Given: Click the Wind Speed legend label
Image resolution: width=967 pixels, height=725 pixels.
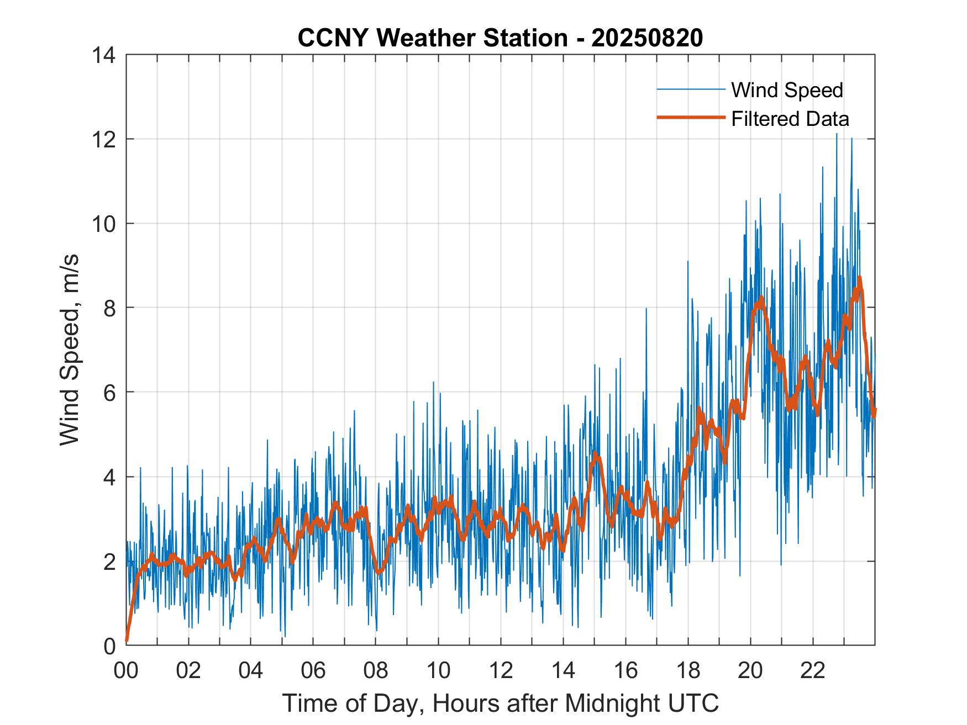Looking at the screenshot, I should [787, 90].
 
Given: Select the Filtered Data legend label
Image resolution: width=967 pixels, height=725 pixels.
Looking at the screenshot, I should [790, 119].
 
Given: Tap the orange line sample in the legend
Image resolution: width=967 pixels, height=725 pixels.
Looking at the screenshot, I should [691, 118].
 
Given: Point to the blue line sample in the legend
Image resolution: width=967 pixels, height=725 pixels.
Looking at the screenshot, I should [691, 89].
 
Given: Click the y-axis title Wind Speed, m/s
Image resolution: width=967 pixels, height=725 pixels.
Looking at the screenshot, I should [70, 349].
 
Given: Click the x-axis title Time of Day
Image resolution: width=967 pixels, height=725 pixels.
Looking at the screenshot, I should [500, 703].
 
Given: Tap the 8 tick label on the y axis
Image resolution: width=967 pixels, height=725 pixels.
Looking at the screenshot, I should [109, 308].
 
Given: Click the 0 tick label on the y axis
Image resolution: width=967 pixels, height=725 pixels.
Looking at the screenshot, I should [109, 645].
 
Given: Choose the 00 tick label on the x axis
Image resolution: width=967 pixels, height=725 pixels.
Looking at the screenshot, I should [126, 670].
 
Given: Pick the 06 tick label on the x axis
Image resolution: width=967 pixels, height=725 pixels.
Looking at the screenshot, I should [313, 670].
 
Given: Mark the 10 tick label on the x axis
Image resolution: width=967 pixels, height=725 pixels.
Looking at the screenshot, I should [438, 670].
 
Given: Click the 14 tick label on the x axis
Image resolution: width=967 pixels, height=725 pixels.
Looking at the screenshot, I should [563, 670].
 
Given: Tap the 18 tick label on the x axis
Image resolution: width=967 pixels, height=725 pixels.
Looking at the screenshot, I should [688, 670].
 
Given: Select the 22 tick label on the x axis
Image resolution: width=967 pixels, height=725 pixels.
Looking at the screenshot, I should [813, 670].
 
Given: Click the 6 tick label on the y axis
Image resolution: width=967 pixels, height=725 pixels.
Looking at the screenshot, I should [109, 392].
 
